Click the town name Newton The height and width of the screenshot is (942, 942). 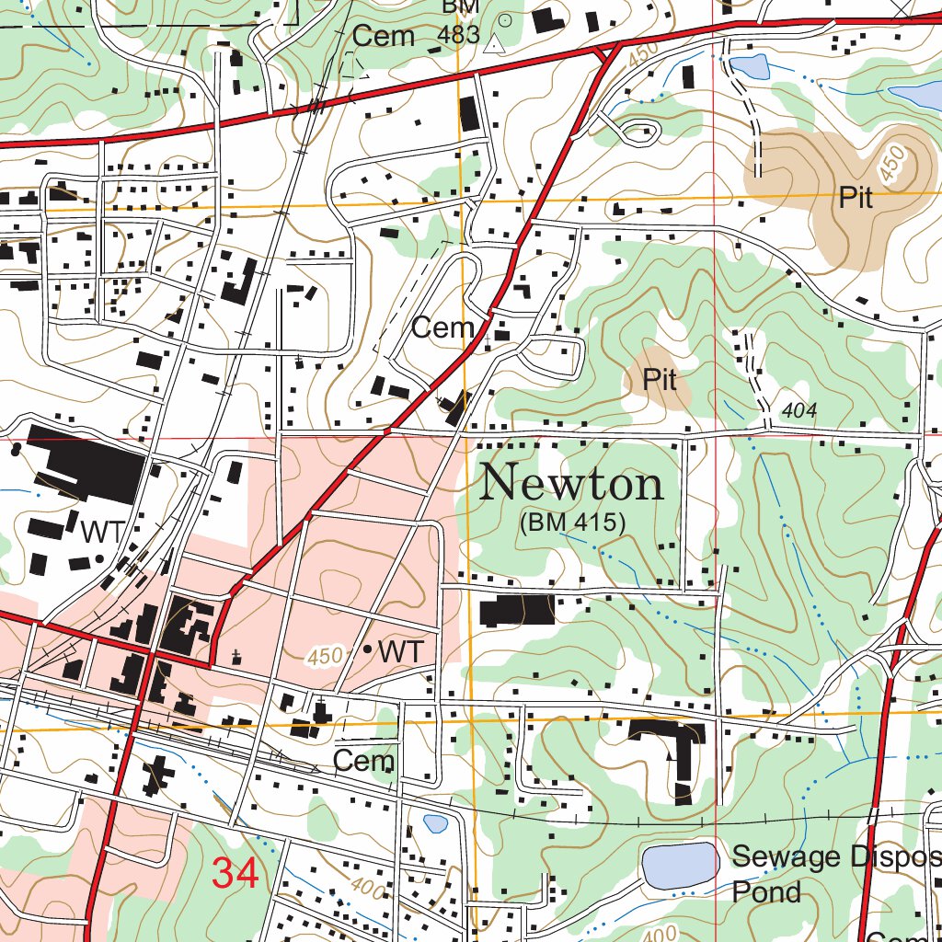coord(572,483)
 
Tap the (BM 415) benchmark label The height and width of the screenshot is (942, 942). coord(572,523)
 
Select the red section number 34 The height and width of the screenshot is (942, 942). coord(235,873)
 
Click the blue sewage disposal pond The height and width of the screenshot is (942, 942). coord(681,865)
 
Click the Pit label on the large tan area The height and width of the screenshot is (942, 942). coord(856,198)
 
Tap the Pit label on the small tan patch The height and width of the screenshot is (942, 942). coord(660,379)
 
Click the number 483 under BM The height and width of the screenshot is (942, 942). coord(460,35)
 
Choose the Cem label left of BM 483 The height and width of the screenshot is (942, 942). coord(384,37)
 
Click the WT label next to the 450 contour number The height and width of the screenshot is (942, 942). coord(401,651)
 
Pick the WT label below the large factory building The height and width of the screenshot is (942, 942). coord(100,532)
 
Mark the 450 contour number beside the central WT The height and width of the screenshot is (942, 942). coord(326,656)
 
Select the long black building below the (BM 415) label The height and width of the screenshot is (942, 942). coord(517,610)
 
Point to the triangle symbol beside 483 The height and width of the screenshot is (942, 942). coord(497,42)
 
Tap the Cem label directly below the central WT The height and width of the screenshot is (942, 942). coord(363,761)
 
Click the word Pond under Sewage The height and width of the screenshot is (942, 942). coord(766,892)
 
